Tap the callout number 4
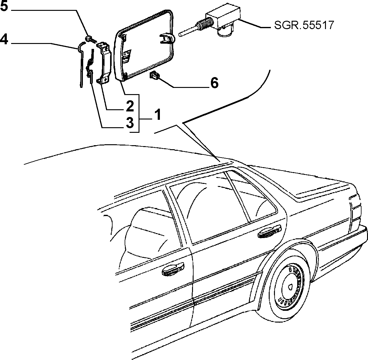click(4, 39)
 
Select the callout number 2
click(130, 106)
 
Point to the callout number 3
click(130, 123)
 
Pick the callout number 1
click(158, 115)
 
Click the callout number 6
click(214, 83)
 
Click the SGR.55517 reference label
click(304, 25)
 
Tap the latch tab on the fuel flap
click(167, 39)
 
